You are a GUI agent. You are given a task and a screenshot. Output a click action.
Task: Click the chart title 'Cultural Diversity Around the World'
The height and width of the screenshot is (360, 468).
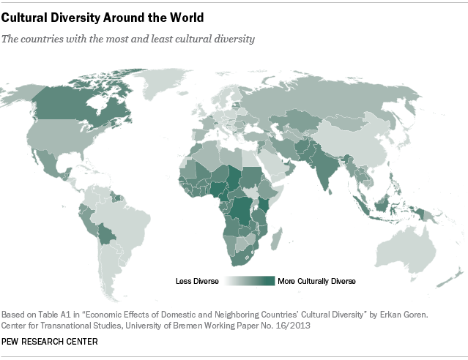(103, 15)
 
